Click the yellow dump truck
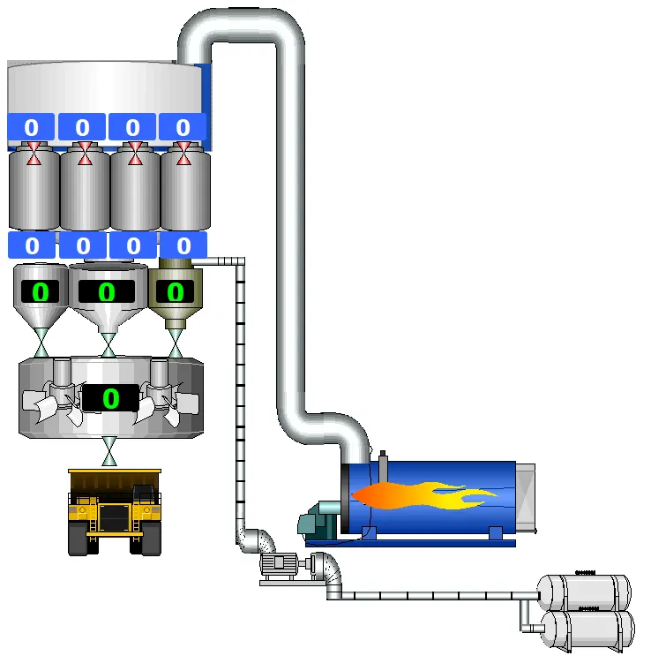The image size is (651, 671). [x=115, y=512]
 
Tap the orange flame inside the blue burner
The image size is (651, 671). [x=423, y=495]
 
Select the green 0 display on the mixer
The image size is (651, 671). [x=111, y=398]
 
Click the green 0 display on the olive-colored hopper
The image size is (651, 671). [x=175, y=292]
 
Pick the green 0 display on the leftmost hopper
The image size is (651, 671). [x=41, y=292]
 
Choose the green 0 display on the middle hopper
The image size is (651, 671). [x=107, y=292]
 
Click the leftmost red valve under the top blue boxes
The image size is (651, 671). [x=34, y=154]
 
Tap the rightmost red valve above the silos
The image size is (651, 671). [x=183, y=154]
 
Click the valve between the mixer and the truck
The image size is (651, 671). [x=109, y=451]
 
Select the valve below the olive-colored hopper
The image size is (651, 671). [x=176, y=343]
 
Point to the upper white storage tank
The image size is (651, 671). [x=584, y=592]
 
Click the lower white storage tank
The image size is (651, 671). [x=587, y=630]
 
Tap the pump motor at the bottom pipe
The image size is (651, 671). [x=278, y=565]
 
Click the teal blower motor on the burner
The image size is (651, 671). [x=318, y=521]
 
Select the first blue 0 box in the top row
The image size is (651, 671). [x=31, y=126]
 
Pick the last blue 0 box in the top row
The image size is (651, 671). [x=183, y=126]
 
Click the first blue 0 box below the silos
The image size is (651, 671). [x=32, y=245]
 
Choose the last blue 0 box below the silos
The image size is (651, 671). [x=183, y=245]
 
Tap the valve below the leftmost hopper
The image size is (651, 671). [x=41, y=343]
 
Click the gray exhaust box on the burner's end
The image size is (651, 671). [x=526, y=498]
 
